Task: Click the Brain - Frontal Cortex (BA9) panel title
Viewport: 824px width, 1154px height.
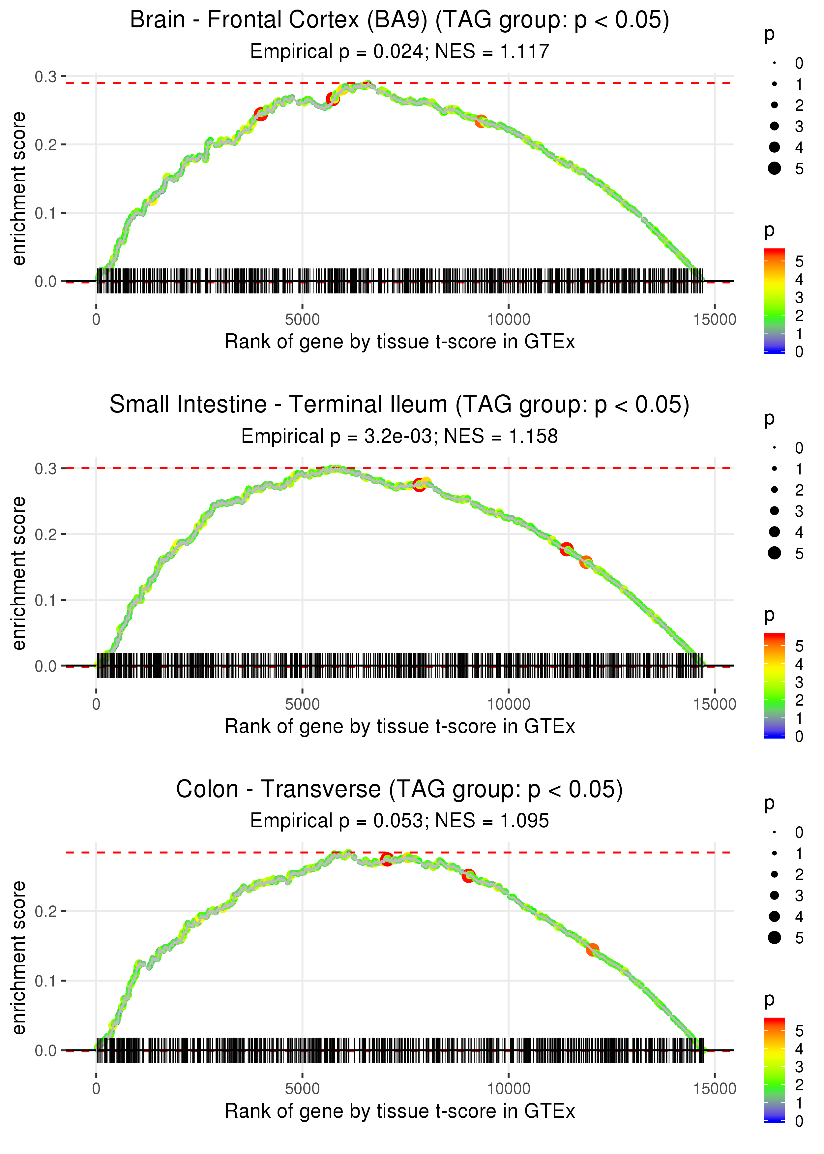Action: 399,20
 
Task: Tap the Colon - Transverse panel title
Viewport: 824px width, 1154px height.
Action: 399,790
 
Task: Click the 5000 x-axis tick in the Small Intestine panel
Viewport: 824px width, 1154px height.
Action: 302,704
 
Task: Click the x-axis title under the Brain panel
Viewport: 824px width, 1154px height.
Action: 399,342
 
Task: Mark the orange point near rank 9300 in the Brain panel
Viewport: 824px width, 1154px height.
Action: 481,121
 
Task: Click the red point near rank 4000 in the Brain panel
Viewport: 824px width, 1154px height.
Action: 260,114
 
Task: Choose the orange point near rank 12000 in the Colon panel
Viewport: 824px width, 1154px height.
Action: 592,950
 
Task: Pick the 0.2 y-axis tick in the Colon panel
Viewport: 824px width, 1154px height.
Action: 46,911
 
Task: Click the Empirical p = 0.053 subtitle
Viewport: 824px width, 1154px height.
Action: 337,821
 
